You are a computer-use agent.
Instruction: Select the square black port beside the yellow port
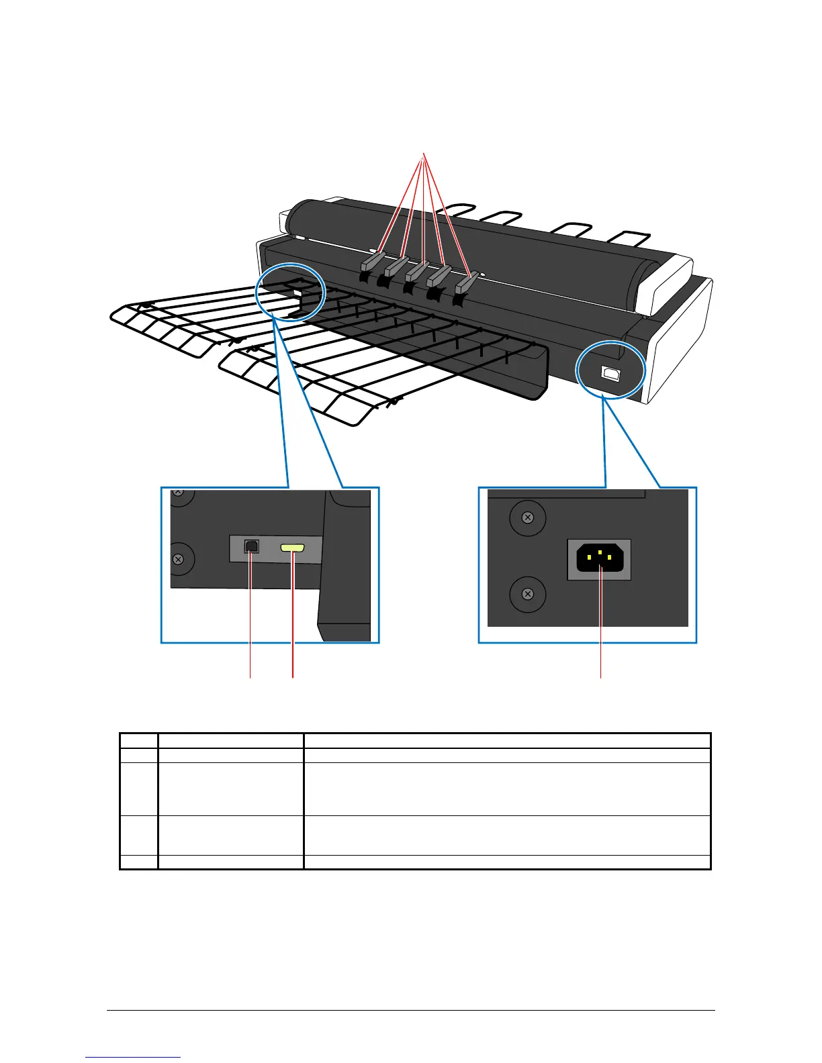click(x=251, y=546)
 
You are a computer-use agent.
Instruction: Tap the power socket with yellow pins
click(x=600, y=559)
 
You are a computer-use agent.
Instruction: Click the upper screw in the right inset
click(x=528, y=517)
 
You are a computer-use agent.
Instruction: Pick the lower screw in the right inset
click(x=528, y=594)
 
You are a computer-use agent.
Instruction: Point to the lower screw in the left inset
click(x=179, y=559)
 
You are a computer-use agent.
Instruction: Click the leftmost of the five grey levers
click(x=371, y=261)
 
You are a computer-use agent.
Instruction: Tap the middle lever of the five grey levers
click(x=418, y=270)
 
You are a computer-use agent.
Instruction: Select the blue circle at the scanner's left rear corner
click(x=291, y=291)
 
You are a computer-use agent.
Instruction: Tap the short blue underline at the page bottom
click(x=133, y=1057)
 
